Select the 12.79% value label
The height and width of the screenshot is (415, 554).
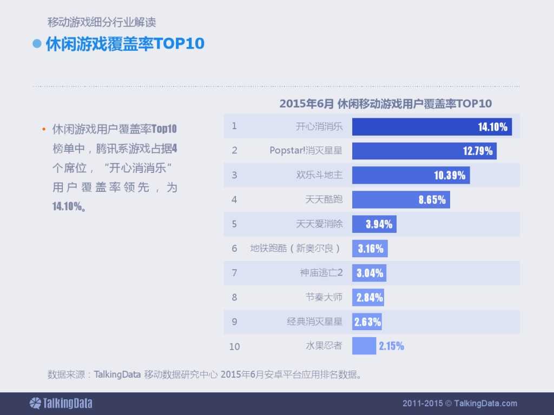478,151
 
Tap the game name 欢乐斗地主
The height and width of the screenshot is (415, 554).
319,175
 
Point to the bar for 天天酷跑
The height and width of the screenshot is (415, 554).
401,199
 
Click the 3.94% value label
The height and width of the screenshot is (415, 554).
379,224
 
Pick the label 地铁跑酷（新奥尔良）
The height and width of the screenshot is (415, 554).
296,248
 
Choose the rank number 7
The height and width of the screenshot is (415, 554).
234,272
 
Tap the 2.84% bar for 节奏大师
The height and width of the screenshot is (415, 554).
368,297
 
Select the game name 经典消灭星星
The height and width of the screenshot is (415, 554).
314,322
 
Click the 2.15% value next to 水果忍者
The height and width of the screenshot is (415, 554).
391,346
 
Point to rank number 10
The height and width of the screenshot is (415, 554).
234,346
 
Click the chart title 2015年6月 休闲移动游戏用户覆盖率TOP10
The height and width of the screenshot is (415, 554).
385,104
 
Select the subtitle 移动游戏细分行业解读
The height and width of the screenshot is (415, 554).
102,23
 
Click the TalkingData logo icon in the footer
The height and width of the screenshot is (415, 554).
35,403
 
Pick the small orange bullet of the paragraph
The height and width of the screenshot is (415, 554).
43,130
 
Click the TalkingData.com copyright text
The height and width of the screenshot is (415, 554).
460,403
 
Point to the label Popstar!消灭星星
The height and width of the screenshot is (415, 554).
306,150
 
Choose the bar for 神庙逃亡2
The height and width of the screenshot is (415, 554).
369,273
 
